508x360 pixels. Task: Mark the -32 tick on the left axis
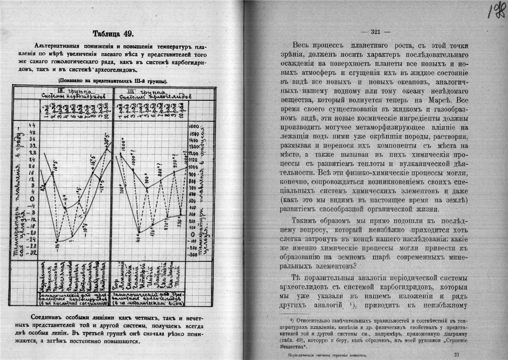[33, 252]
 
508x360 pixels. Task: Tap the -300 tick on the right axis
[193, 254]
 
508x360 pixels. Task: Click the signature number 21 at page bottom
[456, 355]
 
